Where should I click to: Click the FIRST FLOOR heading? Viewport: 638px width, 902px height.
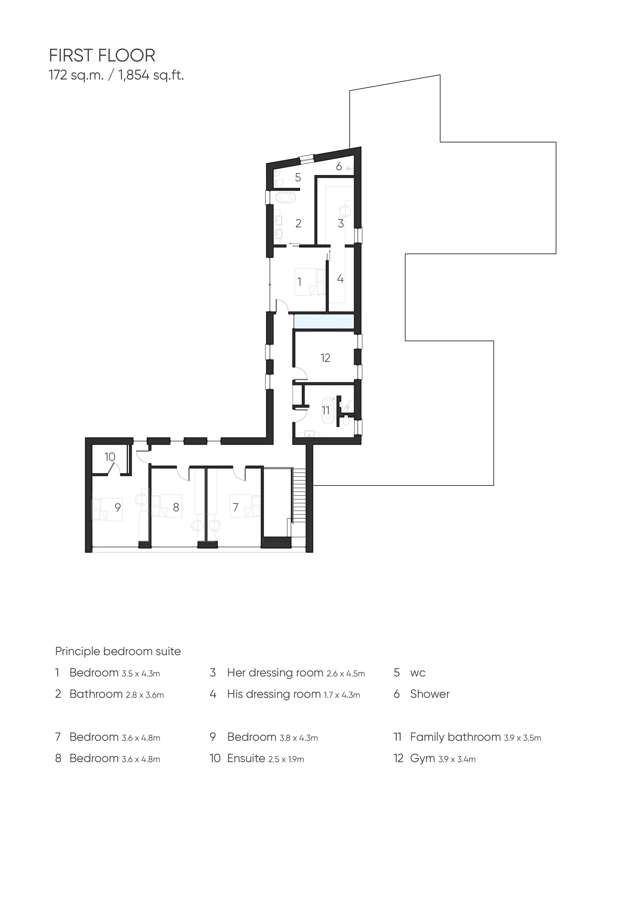pyautogui.click(x=102, y=56)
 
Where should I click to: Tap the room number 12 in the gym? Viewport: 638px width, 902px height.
pyautogui.click(x=325, y=358)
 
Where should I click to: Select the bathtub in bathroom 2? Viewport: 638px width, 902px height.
pyautogui.click(x=285, y=198)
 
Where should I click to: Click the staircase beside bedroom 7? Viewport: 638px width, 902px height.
pyautogui.click(x=299, y=495)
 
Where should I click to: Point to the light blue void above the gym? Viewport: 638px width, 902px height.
pyautogui.click(x=324, y=322)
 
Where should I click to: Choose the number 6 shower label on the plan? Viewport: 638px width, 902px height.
pyautogui.click(x=339, y=167)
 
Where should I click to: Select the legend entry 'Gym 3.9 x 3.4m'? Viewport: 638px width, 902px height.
pyautogui.click(x=442, y=758)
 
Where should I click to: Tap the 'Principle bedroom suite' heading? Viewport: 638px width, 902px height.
pyautogui.click(x=118, y=651)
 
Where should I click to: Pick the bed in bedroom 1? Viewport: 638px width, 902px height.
pyautogui.click(x=310, y=281)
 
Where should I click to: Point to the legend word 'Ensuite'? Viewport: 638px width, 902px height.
pyautogui.click(x=246, y=758)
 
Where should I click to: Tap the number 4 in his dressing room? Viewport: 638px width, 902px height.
pyautogui.click(x=340, y=279)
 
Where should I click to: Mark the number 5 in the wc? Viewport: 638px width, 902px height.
pyautogui.click(x=298, y=177)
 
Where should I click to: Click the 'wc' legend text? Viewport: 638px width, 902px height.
pyautogui.click(x=418, y=673)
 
